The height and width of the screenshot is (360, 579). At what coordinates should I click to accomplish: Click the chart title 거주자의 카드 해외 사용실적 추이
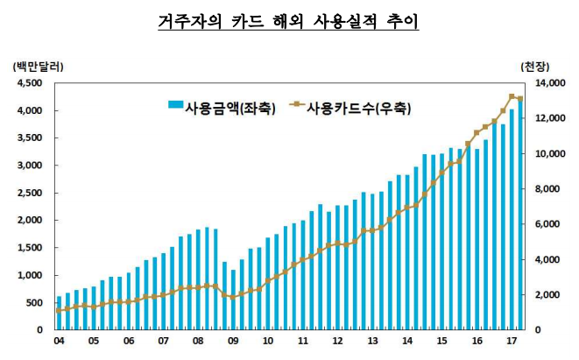point(289,20)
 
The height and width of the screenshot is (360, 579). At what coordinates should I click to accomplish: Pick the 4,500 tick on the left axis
point(29,83)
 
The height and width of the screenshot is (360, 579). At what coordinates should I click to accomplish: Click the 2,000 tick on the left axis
point(29,221)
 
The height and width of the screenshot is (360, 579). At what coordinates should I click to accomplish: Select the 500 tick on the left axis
point(32,303)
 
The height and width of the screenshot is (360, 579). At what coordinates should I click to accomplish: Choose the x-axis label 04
point(59,342)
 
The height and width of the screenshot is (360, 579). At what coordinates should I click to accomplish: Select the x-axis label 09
point(232,342)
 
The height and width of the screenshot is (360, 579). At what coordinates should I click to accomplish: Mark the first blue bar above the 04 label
point(59,314)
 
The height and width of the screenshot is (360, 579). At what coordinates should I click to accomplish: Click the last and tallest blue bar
point(519,215)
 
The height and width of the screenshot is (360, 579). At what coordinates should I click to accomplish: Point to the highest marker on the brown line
point(512,96)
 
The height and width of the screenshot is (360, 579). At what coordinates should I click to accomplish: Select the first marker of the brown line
point(59,310)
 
